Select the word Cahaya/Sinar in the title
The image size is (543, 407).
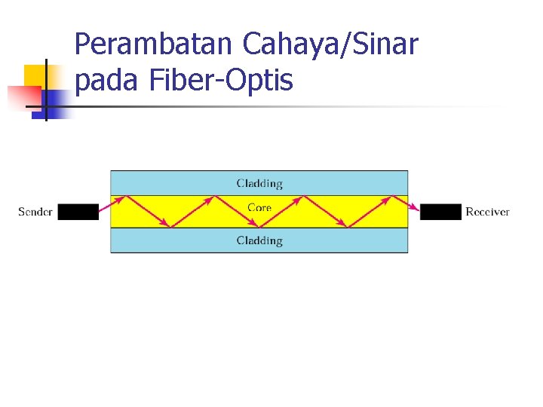pos(330,45)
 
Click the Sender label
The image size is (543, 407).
pos(35,212)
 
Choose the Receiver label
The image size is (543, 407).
pos(487,212)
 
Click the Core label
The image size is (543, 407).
pos(259,207)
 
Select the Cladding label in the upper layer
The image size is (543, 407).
pos(259,183)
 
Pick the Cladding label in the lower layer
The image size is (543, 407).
pos(259,240)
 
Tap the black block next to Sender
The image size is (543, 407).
pos(78,212)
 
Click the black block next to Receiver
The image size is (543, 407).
pos(440,212)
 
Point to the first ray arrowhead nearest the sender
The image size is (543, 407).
pos(165,223)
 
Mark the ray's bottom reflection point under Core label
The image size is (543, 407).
pos(259,227)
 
